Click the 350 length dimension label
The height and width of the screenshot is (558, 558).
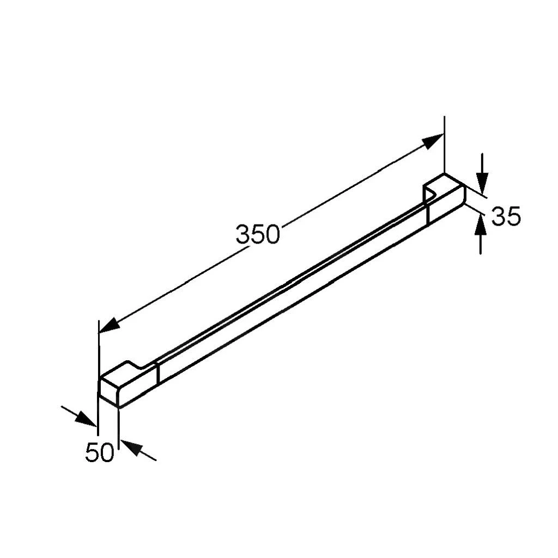tap(257, 234)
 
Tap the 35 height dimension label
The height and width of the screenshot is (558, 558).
tap(506, 216)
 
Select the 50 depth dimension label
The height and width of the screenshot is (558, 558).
tap(100, 453)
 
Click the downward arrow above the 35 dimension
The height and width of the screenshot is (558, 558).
tap(482, 179)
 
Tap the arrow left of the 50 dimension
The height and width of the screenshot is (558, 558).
tap(84, 418)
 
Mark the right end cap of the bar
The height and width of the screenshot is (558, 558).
tap(446, 197)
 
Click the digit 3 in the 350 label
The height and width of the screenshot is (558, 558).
tap(243, 235)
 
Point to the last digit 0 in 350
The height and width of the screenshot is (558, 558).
tap(272, 234)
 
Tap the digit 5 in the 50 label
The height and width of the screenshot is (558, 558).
tap(93, 453)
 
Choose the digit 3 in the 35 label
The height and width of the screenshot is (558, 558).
tap(499, 216)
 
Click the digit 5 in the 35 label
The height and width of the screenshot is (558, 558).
tap(514, 216)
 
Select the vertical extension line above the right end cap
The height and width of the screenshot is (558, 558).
tap(445, 144)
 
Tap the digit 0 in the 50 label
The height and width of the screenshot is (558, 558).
tap(107, 453)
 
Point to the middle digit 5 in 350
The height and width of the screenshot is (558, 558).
tap(257, 234)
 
